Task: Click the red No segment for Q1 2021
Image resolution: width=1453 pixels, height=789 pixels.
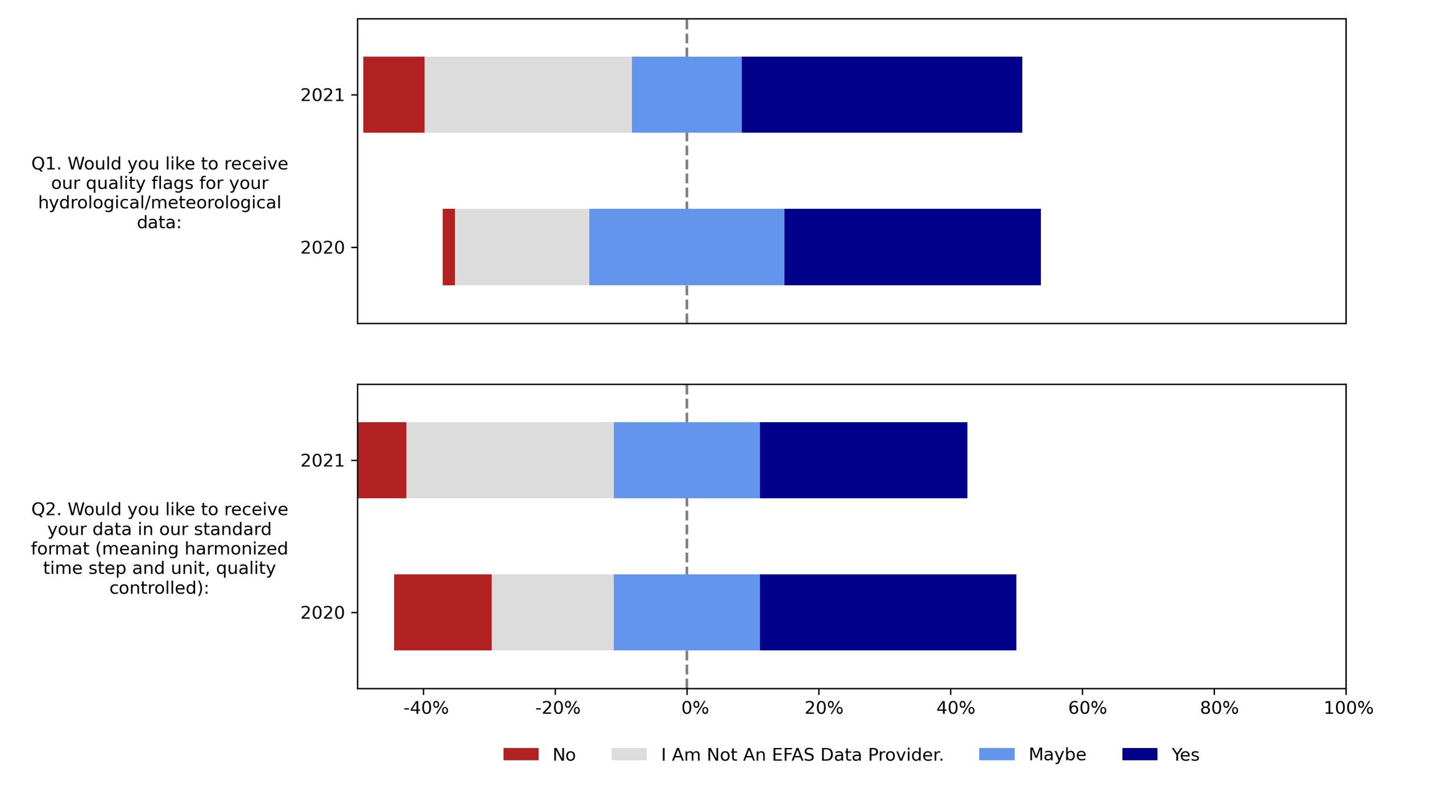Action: coord(393,95)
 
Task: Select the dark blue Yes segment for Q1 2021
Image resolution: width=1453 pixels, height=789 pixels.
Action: coord(881,95)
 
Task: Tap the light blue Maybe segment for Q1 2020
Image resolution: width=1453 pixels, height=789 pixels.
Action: coord(686,247)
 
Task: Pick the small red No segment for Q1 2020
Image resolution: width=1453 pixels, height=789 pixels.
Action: coord(449,247)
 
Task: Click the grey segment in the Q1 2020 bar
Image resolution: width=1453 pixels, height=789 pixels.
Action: coord(521,247)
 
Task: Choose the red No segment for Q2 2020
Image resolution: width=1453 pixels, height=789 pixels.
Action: coord(442,612)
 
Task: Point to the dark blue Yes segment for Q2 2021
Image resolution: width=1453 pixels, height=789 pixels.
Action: coord(863,460)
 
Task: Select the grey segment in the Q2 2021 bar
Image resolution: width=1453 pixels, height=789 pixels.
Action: coord(510,460)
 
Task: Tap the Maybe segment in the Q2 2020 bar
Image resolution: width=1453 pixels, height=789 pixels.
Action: coord(686,612)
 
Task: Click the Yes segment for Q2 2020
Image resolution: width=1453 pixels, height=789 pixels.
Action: coord(887,612)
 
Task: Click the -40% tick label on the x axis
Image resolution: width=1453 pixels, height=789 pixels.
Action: coord(426,708)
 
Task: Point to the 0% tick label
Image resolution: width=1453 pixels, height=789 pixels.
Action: coord(694,708)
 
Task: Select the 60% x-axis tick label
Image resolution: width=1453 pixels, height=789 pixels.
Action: coord(1087,708)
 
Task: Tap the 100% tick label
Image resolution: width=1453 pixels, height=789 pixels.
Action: coord(1348,708)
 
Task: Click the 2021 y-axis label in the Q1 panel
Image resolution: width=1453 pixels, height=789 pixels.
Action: coord(322,95)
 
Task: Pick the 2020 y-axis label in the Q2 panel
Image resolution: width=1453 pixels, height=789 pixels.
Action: coord(322,613)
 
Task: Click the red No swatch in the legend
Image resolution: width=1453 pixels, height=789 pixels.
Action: coord(521,754)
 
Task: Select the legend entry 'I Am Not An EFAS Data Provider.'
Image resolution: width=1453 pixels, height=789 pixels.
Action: coord(802,755)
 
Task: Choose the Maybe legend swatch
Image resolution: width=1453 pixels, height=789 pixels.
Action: coord(996,754)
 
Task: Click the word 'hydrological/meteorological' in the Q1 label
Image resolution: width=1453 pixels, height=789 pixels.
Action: coord(159,203)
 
